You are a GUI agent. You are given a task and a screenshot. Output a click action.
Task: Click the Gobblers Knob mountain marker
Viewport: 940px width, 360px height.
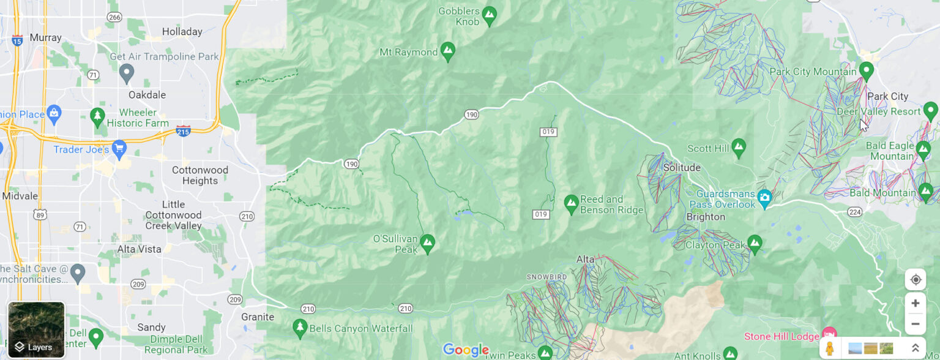[x=489, y=15]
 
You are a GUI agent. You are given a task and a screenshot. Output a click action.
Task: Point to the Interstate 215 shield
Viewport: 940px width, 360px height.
[x=183, y=130]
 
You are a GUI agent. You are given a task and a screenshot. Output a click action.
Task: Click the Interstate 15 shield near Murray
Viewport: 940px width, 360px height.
[x=17, y=40]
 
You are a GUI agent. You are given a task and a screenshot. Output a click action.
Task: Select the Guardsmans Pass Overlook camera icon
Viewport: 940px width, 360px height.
[x=764, y=197]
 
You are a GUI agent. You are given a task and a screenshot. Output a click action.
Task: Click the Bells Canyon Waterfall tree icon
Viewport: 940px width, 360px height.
[x=299, y=328]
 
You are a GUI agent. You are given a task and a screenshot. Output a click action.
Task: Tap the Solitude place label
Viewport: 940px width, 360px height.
[x=682, y=168]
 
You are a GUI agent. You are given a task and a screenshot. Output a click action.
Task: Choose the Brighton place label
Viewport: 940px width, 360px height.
[x=706, y=217]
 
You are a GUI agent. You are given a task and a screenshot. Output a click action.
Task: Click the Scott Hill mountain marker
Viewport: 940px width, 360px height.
[x=739, y=146]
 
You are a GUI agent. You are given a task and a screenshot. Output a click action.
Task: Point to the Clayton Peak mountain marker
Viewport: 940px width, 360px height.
[x=755, y=243]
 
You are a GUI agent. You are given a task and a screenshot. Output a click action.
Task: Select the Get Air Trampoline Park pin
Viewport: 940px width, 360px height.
[x=127, y=73]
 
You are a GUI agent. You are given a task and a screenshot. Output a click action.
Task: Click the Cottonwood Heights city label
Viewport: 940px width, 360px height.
[x=200, y=175]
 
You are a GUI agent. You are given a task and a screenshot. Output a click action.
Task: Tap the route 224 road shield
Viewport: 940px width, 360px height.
[x=855, y=212]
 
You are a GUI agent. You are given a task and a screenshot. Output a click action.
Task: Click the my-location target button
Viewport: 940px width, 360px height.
[x=915, y=280]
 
